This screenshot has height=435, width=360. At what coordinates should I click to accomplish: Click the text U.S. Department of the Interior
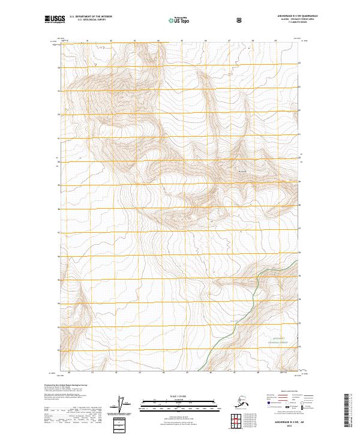pos(91,17)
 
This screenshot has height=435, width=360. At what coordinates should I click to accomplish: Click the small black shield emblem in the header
pos(239,20)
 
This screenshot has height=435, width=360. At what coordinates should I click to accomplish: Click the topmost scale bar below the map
pos(180,400)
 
